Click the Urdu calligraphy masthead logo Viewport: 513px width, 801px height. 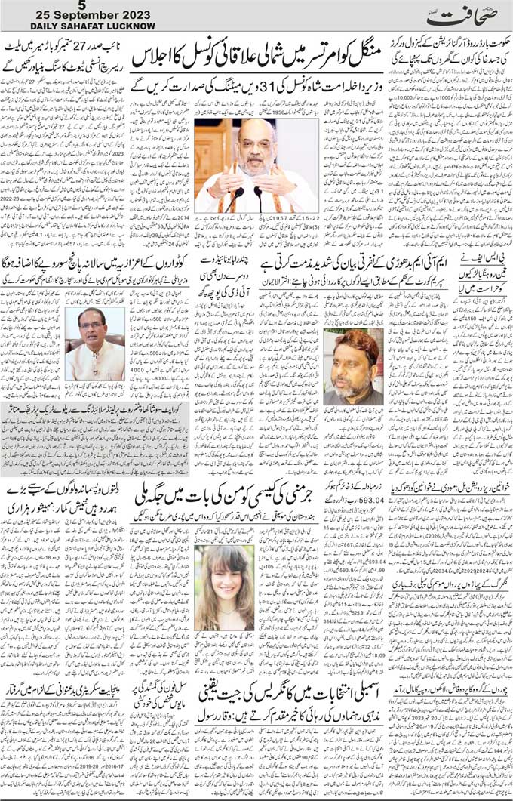452,17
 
